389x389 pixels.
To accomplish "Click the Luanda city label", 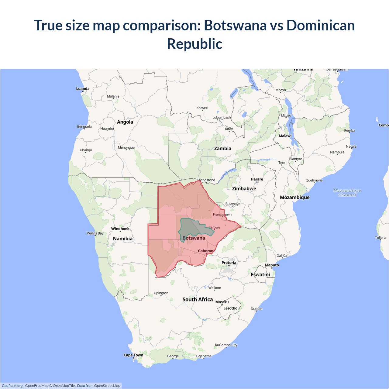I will pos(83,89).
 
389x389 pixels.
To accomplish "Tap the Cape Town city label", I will pos(133,355).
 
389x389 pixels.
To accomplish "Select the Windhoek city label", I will pos(120,229).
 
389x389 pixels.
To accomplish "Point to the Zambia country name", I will pos(222,149).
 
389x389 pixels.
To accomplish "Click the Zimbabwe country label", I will pos(244,189).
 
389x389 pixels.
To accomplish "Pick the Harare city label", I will pos(257,179).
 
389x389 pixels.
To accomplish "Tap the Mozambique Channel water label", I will pos(347,193).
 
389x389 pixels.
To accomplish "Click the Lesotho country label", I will pos(230,308).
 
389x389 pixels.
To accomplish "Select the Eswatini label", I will pos(260,275).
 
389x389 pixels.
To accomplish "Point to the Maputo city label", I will pos(272,265).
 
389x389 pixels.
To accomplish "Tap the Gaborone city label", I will pos(207,251).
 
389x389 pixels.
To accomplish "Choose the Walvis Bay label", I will pos(95,233).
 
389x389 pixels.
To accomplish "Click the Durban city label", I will pos(256,309).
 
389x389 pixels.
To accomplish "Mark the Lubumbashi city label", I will pos(222,117).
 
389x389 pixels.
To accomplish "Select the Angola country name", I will pos(125,122).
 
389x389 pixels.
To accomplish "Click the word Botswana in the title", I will pos(235,25).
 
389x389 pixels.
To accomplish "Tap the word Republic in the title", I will pos(194,44).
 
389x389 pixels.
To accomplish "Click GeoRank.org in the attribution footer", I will pos(12,386).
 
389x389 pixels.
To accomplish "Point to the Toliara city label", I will pos(380,238).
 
